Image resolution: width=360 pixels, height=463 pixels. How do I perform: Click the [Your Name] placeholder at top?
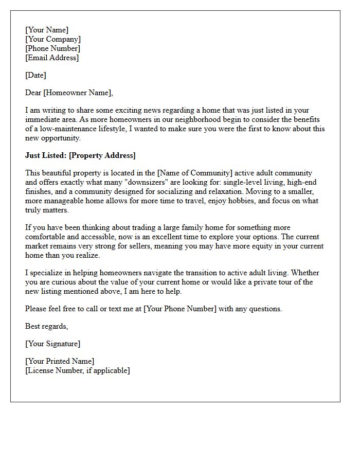point(47,30)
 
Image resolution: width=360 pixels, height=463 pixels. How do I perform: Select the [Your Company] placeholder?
point(53,39)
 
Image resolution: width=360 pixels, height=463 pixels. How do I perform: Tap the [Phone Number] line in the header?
point(52,48)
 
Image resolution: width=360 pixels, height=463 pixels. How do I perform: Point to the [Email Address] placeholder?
point(52,58)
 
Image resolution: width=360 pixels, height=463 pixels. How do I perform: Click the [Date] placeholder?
point(35,75)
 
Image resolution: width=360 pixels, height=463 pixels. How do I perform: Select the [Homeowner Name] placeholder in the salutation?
point(78,93)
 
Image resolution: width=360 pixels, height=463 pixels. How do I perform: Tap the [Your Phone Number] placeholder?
point(181,309)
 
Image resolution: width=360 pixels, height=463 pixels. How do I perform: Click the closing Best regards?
point(47,326)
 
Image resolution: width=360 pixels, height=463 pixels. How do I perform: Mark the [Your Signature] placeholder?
point(53,344)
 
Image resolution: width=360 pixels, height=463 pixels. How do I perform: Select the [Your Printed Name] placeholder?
point(60,361)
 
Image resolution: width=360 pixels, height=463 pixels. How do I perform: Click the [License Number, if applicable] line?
point(78,370)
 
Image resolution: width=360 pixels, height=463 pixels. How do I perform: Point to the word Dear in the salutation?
point(33,93)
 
